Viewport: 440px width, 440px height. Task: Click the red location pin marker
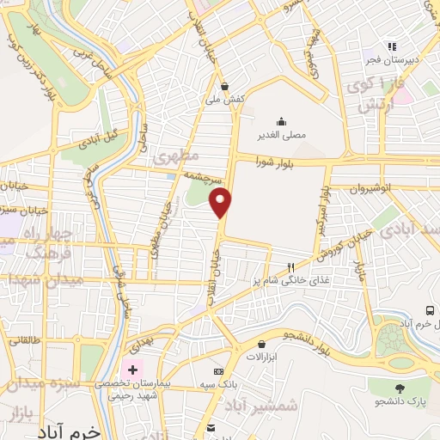222,203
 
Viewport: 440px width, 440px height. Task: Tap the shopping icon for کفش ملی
225,86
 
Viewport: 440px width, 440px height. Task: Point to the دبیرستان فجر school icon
392,47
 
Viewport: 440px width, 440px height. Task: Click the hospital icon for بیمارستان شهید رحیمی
132,369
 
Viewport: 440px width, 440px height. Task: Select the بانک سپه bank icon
217,372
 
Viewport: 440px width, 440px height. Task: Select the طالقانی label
25,340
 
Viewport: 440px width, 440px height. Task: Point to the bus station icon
429,310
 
